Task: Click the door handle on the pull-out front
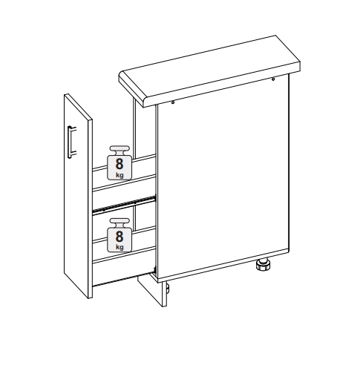71,142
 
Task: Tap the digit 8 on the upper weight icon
120,164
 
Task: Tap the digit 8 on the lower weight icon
120,236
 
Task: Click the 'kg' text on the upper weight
120,175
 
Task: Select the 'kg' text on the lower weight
120,247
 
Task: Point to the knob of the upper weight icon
120,150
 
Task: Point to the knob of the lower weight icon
120,223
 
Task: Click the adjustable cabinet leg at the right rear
263,265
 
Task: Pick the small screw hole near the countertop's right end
273,79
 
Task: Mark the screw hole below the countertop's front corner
173,102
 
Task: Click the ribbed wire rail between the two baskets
124,204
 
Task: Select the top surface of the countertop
209,66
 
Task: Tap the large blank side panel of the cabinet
223,178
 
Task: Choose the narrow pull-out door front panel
78,196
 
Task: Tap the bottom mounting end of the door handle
71,156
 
